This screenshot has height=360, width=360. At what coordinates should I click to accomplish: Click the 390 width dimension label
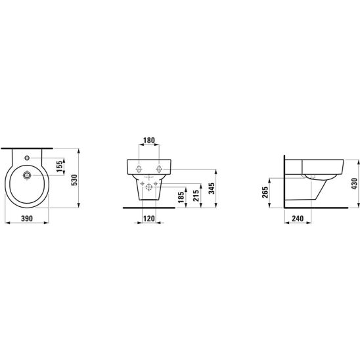pos(27,219)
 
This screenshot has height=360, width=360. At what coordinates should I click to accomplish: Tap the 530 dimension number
pos(74,180)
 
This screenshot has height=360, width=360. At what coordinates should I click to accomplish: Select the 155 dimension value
pos(60,166)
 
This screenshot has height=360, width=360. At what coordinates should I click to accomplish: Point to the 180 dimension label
pos(149,140)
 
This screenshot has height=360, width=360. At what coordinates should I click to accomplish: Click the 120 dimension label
pos(149,219)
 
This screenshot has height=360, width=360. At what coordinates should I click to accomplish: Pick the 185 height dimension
pos(181,197)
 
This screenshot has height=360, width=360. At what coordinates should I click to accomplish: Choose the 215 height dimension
pos(196,196)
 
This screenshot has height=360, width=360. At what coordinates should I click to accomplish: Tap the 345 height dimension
pos(212,189)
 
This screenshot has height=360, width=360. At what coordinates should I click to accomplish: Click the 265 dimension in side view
pos(265,192)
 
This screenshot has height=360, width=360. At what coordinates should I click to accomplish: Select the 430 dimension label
pos(354,184)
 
